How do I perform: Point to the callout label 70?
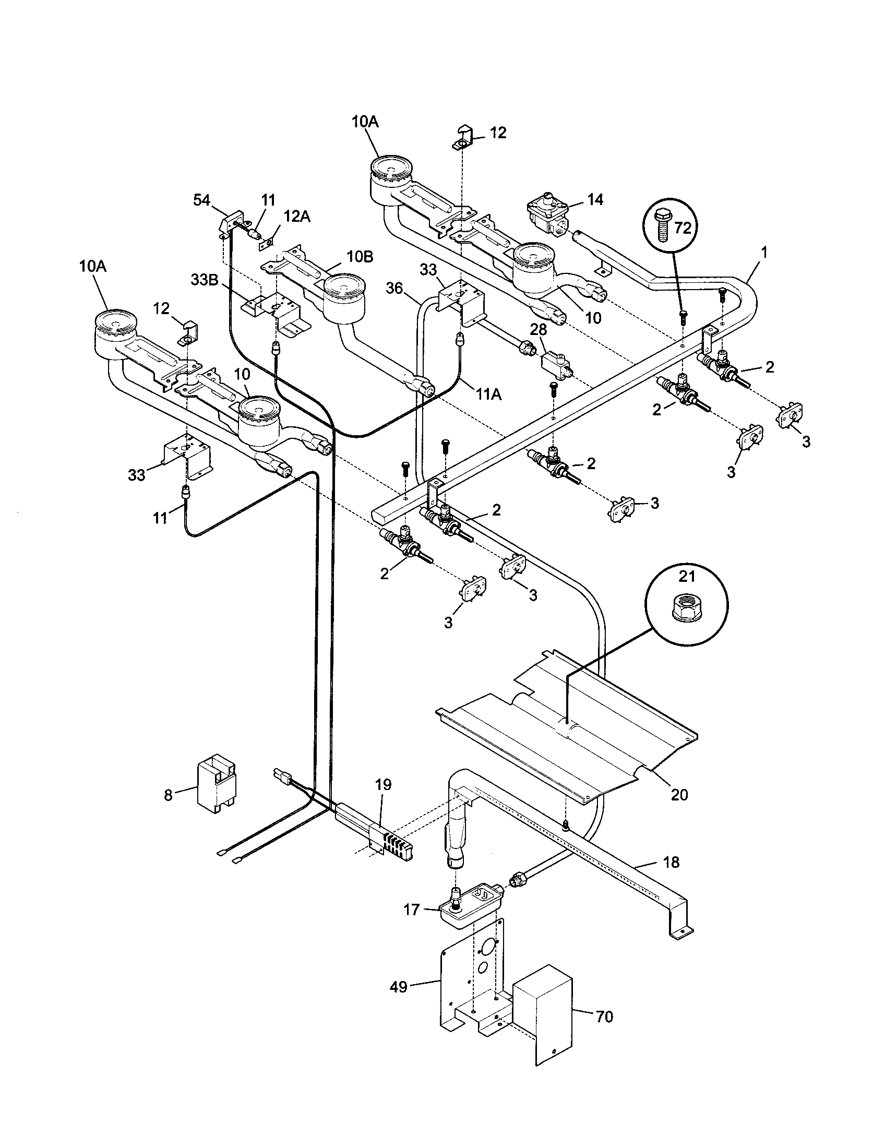coord(604,1017)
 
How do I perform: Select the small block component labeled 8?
coord(217,784)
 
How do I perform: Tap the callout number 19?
coord(383,785)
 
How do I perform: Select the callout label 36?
coord(395,288)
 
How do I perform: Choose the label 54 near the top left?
coord(202,200)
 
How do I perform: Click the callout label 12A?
coord(297,217)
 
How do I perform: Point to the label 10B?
coord(361,257)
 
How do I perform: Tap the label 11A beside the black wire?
coord(489,394)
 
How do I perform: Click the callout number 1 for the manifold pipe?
coord(764,253)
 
